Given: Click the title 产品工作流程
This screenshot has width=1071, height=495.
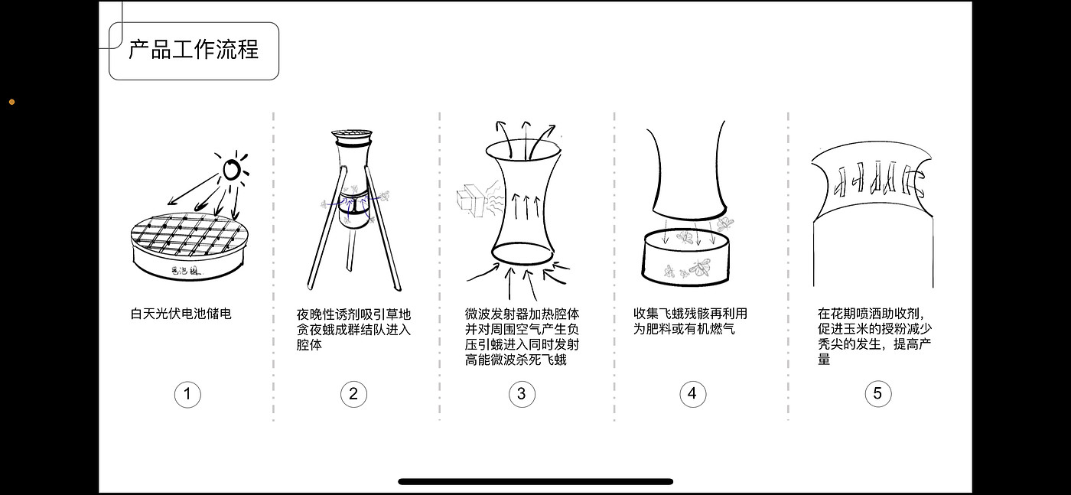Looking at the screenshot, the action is tap(194, 50).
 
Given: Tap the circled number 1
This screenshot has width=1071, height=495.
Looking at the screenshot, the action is tap(187, 394).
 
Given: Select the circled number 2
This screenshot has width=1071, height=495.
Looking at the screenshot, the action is tap(353, 394).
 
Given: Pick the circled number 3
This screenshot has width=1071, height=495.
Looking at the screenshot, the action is tap(522, 394).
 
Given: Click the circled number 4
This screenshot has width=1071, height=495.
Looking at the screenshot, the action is tap(692, 393).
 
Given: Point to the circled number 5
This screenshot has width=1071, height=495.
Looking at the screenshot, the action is tap(878, 393).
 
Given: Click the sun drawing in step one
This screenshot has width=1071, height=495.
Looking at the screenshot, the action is tap(233, 169).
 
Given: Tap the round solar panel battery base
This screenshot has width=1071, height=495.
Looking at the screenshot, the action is tap(190, 246).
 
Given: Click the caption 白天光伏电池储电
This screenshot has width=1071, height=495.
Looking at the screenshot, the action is tap(181, 314).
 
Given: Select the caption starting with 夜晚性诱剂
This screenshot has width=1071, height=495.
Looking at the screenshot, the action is tap(353, 330).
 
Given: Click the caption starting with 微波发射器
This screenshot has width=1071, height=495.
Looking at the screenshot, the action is tap(522, 337).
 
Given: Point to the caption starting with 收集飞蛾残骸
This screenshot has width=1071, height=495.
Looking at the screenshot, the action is tap(690, 321).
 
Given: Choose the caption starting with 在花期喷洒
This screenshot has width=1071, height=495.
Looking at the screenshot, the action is tap(874, 337).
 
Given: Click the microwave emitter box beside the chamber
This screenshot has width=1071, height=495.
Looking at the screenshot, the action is tap(471, 200).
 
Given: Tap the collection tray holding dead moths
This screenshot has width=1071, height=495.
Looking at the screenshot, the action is tap(686, 257).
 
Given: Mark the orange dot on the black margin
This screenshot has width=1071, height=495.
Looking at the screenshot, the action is tap(11, 102).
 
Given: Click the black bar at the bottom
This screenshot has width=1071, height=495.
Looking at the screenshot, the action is tap(535, 481).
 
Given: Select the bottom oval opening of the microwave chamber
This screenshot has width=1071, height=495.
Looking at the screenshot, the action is tap(523, 253).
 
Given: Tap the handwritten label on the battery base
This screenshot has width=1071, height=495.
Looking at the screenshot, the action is tap(187, 271).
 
